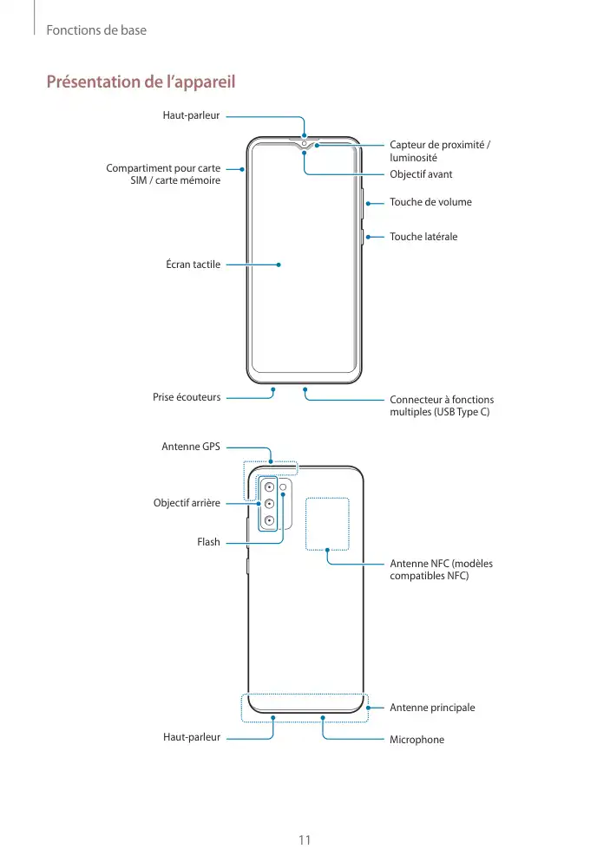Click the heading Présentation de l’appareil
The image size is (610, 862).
coord(141,82)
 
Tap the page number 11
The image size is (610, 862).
coord(305,839)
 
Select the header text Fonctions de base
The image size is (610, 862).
coord(96,30)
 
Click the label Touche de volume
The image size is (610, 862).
coord(430,202)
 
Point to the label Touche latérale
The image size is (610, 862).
coord(423,237)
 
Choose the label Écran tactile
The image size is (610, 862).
coord(193,264)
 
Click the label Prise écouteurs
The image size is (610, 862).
coord(187,397)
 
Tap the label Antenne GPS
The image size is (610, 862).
coord(191,447)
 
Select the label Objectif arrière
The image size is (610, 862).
coord(187,503)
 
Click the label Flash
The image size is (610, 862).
coord(208,542)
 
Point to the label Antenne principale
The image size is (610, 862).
coord(432,708)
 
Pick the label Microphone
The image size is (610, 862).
coord(417,740)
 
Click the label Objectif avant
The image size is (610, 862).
coord(421,174)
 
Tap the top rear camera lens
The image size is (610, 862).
coord(269,487)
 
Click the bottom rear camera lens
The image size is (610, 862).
coord(269,520)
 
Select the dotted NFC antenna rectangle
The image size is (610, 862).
coord(326,524)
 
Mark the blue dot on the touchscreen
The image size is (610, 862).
coord(279,264)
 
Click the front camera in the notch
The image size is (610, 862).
coord(305,143)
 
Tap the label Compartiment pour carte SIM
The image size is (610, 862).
coord(163,173)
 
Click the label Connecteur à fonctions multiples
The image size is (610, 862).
coord(442,405)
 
